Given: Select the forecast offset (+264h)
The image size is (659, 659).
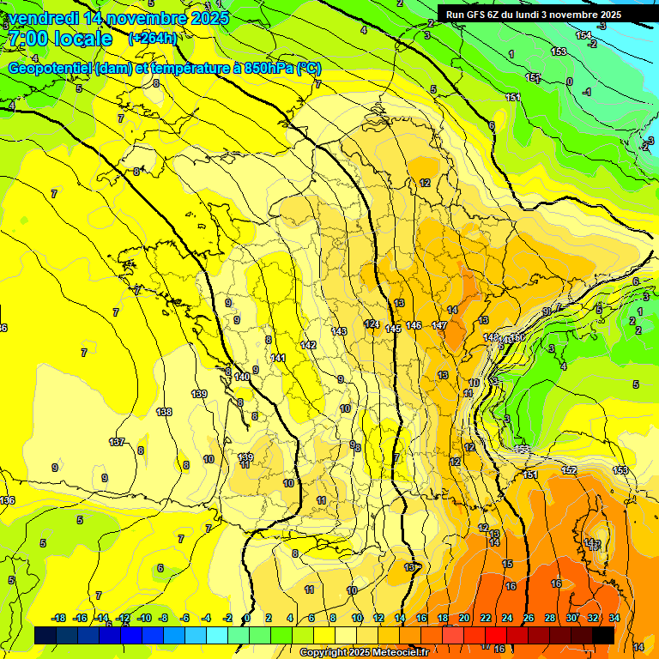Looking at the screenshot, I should [153, 39].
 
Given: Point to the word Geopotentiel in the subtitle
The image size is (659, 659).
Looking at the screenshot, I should [51, 68].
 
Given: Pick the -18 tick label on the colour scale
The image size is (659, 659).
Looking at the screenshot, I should [58, 618].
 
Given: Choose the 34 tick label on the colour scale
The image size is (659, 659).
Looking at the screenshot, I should [614, 618].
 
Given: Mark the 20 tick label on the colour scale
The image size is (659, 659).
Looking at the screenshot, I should [464, 618].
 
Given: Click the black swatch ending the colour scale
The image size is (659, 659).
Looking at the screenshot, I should [602, 635].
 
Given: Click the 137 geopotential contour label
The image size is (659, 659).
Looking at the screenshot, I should [117, 442].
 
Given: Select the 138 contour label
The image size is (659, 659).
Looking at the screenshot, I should [164, 412].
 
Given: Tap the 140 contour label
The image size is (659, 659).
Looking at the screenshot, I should [242, 377].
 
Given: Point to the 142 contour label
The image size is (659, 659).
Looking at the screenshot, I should [309, 344].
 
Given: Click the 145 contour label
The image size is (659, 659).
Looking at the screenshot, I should [393, 329].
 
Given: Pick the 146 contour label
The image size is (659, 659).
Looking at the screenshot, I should [414, 325].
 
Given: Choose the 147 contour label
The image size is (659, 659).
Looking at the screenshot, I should [439, 325].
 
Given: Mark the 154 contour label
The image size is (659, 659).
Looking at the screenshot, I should [583, 35].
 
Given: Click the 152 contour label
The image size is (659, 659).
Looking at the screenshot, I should [569, 470].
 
